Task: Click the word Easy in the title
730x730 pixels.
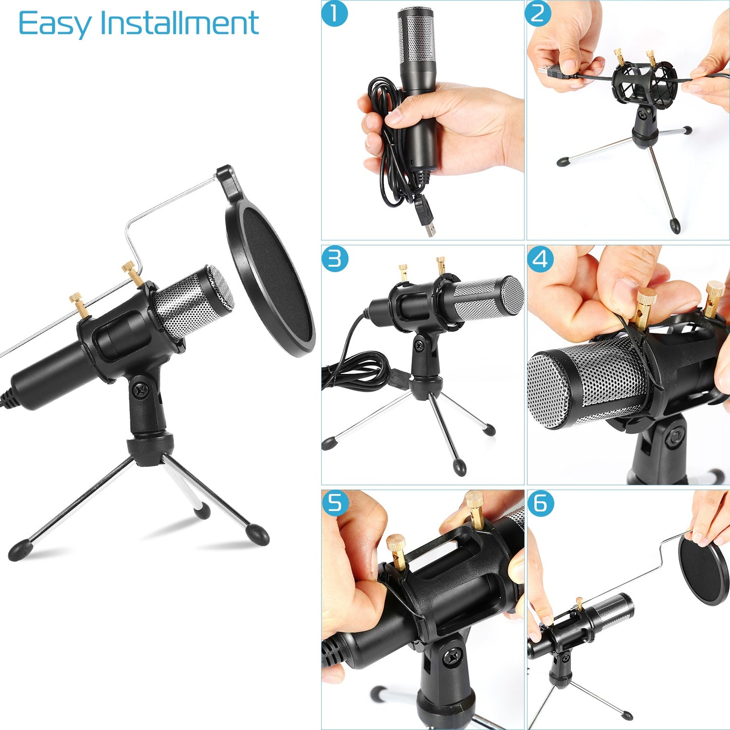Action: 55,24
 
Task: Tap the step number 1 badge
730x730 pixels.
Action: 334,14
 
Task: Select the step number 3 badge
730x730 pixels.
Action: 334,259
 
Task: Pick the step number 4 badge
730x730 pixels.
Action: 540,259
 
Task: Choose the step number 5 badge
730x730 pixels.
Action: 335,503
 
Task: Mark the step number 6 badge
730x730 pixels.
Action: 540,504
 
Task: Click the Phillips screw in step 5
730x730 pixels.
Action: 451,657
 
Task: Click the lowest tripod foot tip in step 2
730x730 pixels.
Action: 675,225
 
